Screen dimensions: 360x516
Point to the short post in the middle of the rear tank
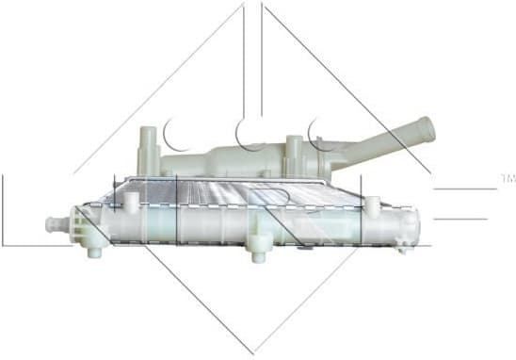295,147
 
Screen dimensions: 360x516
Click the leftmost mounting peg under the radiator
96,251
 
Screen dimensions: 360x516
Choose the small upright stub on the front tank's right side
373,204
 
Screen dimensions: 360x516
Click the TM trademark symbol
507,177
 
